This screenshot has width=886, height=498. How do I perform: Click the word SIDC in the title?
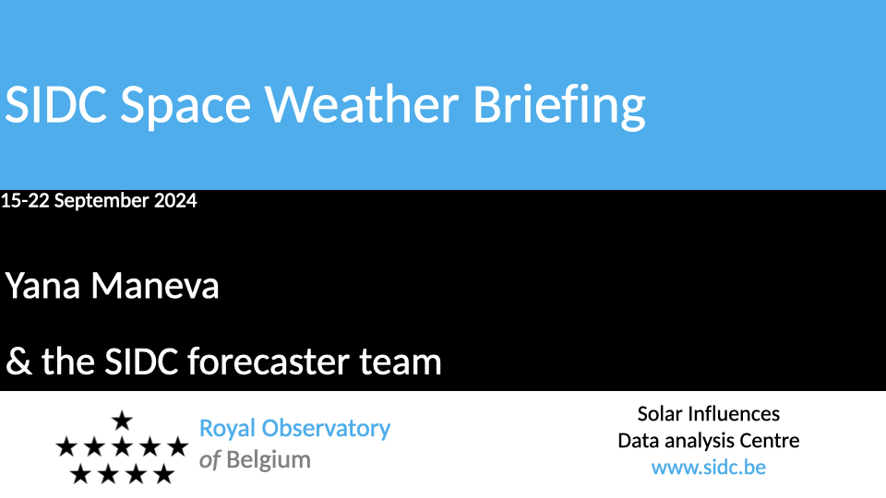(56, 104)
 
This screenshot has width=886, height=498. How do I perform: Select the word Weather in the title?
(362, 103)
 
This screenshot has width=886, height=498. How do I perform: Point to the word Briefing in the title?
(559, 107)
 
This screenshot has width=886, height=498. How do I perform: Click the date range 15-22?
(25, 200)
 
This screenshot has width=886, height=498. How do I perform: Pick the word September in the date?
(102, 202)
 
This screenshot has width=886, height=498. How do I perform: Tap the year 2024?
(175, 200)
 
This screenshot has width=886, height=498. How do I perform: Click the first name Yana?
(43, 286)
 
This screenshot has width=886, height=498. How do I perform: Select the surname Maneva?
(155, 286)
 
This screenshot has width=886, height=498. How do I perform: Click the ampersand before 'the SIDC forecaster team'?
(18, 362)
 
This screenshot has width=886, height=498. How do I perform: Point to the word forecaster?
(268, 362)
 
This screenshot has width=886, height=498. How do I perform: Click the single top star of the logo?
(122, 421)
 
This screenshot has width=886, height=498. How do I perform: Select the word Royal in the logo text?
(228, 430)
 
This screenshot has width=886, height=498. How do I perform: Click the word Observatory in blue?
(326, 430)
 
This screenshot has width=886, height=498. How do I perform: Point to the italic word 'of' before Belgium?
(210, 460)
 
